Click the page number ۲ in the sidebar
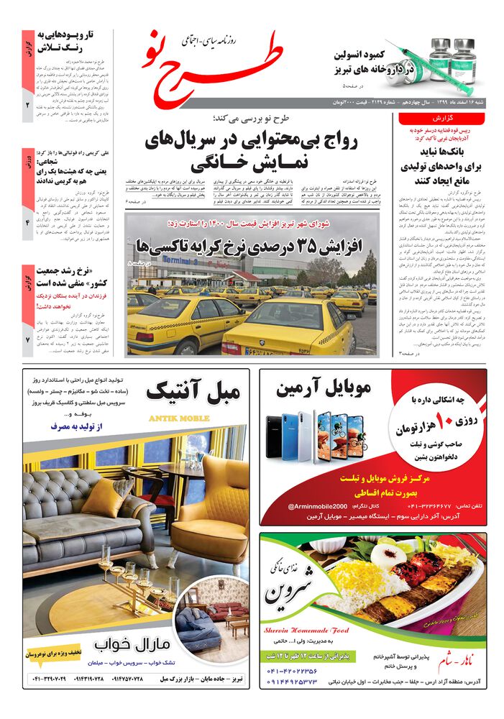pos(28,106)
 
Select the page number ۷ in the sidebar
pos(28,339)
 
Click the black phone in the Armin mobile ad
pos(275,436)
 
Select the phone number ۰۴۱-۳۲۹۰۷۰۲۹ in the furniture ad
pos(55,679)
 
